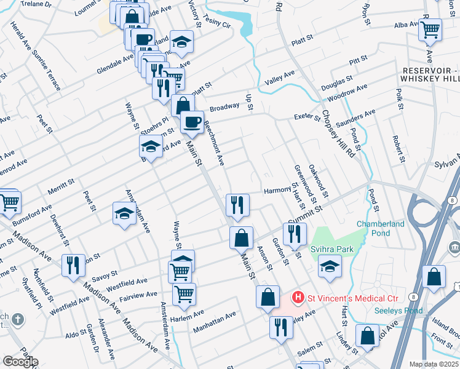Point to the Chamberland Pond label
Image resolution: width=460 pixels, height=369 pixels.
(381, 229)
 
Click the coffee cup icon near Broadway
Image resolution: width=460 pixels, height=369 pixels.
(192, 122)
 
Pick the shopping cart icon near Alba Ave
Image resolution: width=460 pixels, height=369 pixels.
(430, 28)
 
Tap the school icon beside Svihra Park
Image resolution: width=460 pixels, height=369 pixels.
(330, 266)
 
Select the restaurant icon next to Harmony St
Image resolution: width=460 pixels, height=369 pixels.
(237, 204)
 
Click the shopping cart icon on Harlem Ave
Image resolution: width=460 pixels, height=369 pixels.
(184, 294)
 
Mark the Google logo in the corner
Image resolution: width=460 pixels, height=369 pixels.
(20, 362)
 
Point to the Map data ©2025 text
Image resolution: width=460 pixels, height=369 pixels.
(434, 364)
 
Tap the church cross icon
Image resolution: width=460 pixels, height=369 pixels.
(18, 320)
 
